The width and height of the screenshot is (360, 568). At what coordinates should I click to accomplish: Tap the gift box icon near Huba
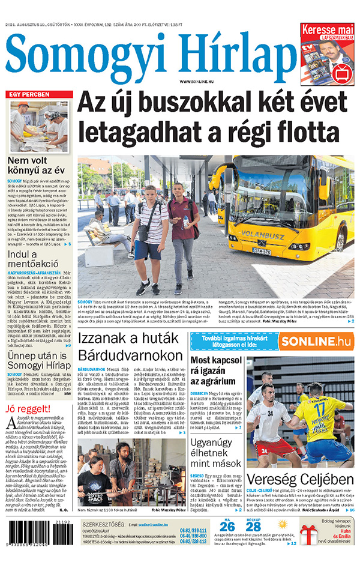309,534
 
